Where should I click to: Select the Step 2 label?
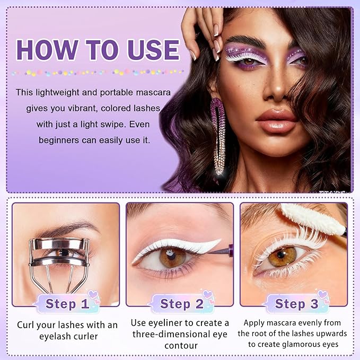[181, 304]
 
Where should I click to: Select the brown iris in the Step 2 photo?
[172, 258]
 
